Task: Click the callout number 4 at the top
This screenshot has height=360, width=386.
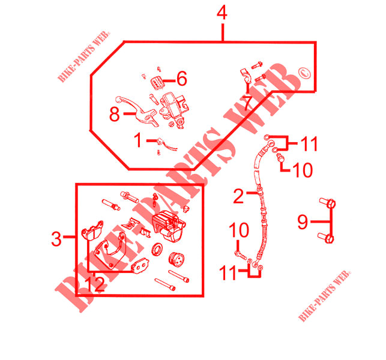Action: [223, 13]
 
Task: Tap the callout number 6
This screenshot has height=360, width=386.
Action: [182, 78]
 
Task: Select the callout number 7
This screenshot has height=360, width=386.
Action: [247, 102]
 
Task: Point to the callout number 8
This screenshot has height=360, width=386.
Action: [115, 115]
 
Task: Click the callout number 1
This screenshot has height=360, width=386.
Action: [138, 141]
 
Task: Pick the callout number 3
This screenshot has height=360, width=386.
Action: [56, 239]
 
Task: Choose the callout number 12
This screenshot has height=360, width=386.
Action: [95, 283]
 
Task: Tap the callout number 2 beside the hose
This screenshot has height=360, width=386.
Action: [238, 196]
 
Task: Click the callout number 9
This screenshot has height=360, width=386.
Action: [303, 223]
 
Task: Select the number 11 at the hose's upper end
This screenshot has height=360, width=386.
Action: [309, 144]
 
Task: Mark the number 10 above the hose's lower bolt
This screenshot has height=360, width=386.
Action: [239, 230]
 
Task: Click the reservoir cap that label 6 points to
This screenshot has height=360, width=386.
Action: [157, 81]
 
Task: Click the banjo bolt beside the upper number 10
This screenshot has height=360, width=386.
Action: [279, 157]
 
